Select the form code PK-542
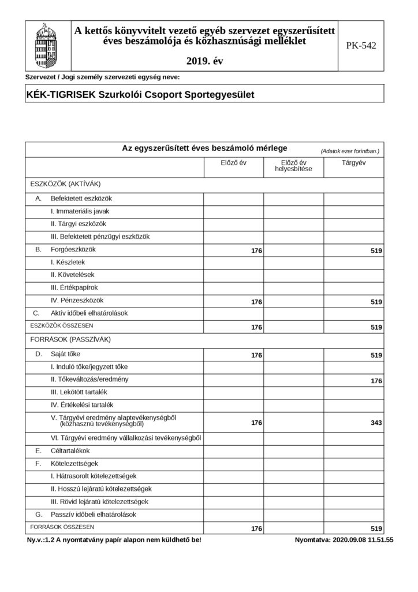[x=361, y=45]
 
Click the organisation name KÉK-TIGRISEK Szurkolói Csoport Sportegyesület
[x=140, y=94]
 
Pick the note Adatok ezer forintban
[x=350, y=151]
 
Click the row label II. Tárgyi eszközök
[x=79, y=224]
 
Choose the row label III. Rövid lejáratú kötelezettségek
[x=100, y=501]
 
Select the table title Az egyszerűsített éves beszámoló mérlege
[x=204, y=148]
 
